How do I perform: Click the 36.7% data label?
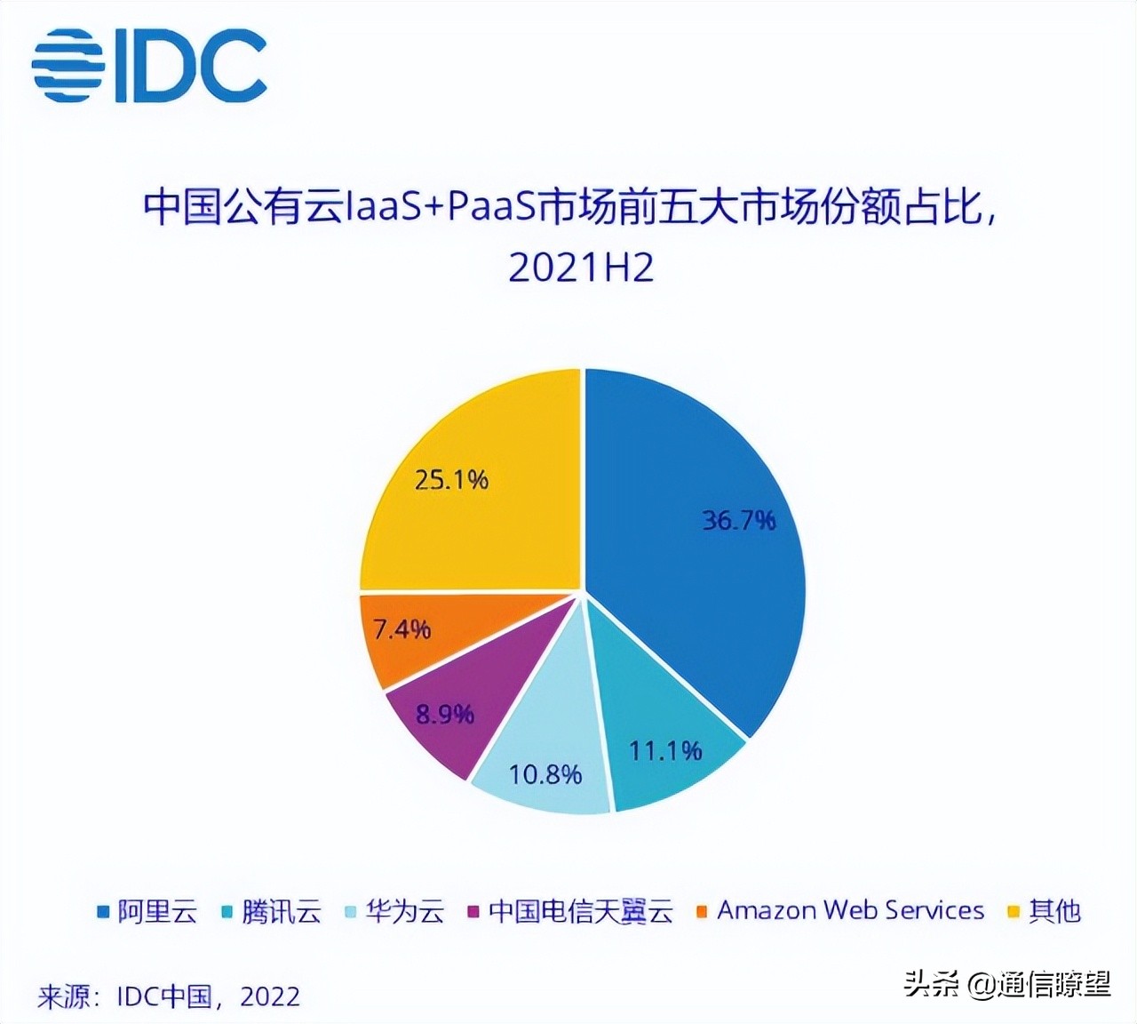coord(739,520)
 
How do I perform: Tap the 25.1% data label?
coord(451,480)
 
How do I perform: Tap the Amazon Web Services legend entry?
coord(851,911)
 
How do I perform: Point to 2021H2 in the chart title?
coord(581,267)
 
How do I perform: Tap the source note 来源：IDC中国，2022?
coord(169,996)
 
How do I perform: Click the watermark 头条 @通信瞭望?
coord(1007,983)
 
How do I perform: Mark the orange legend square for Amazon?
coord(702,911)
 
